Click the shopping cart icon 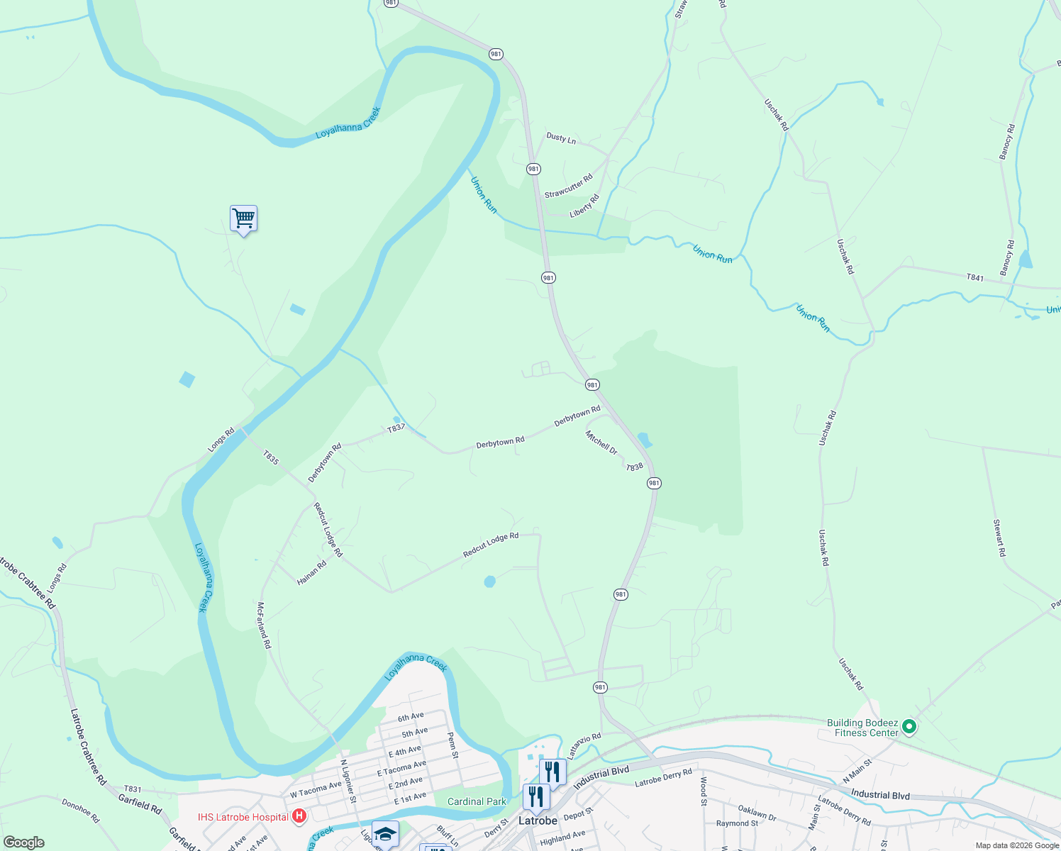click(243, 218)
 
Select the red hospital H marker click(299, 816)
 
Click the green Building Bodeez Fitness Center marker click(909, 727)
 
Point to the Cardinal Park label click(477, 802)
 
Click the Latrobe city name click(538, 821)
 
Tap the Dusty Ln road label click(561, 138)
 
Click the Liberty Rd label click(584, 206)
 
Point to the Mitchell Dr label click(601, 443)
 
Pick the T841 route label click(975, 278)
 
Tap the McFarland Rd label click(264, 625)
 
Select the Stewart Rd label click(999, 538)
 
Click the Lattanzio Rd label click(584, 746)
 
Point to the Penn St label click(452, 745)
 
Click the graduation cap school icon click(385, 834)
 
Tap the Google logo click(23, 842)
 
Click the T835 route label click(271, 457)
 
